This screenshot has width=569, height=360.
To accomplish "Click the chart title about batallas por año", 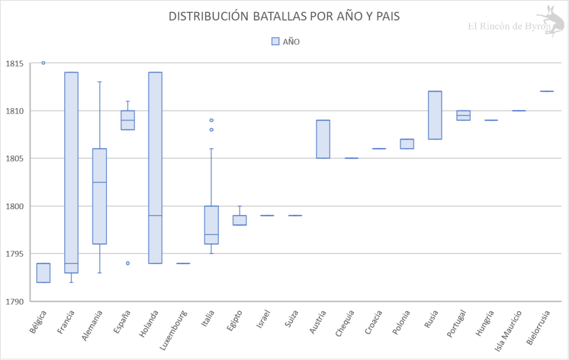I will pos(284,17).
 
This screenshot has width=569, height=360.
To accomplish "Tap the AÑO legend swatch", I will pos(275,41).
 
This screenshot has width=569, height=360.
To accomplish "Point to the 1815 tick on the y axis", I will pos(14,63).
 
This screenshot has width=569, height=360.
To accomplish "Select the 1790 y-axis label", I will pos(14,302).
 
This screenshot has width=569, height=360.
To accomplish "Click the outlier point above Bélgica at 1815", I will pos(43,63).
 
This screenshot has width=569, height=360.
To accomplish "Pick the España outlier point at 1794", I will pos(127,263).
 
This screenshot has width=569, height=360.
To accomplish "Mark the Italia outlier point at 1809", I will pos(211,120).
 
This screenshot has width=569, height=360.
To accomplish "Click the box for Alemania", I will pos(100,196).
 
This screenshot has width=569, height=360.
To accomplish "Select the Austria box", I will pos(323,139).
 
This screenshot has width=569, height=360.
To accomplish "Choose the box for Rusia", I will pos(435,115).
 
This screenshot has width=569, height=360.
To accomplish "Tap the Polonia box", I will pos(407,144).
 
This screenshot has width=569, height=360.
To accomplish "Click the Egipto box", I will pos(239,220).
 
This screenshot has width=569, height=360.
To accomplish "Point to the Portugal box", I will pos(463,115).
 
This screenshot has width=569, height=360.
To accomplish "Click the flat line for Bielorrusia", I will pos(547,91).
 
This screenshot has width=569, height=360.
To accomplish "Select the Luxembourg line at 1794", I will pos(183,263).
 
